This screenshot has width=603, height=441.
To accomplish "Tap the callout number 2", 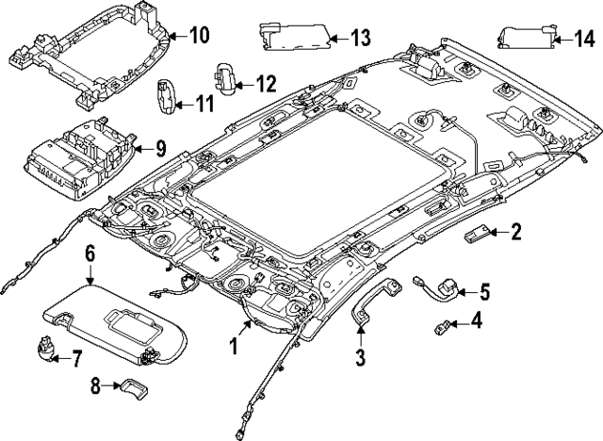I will coord(516,230).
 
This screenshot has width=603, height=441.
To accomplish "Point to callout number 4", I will coord(476,323).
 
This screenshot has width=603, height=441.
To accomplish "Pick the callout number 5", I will coord(485,290).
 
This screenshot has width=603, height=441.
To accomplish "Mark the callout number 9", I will coord(159,147).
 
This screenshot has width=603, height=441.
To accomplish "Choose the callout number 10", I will coord(198,37).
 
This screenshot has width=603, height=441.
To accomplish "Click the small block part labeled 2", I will coord(478,234).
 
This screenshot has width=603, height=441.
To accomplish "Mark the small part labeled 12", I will coord(226,76).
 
